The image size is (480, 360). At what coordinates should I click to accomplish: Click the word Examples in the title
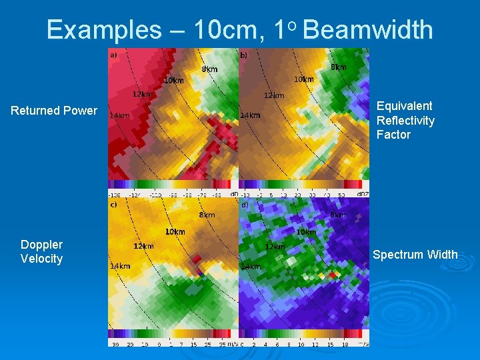[x=103, y=30]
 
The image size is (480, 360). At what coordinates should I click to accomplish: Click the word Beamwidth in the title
[x=367, y=30]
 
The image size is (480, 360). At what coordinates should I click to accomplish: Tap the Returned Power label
[x=54, y=111]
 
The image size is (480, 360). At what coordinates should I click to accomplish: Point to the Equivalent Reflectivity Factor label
[x=405, y=120]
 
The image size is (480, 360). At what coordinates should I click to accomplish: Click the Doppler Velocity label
[x=41, y=252]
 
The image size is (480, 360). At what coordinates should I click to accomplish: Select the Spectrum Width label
[x=415, y=254]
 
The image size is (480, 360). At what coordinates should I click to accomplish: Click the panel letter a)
[x=113, y=55]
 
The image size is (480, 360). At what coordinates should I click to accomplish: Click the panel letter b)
[x=244, y=55]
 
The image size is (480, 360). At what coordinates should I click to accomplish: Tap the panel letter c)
[x=113, y=204]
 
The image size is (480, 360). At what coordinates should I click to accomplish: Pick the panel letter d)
[x=244, y=205]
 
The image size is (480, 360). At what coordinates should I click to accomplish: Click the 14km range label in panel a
[x=119, y=115]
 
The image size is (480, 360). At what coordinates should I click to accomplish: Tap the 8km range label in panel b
[x=338, y=67]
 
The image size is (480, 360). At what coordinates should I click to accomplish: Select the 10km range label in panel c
[x=175, y=232]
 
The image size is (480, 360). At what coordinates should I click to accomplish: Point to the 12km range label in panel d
[x=274, y=247]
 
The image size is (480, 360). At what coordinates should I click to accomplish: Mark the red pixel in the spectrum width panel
[x=332, y=275]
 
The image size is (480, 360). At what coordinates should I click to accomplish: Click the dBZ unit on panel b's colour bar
[x=363, y=194]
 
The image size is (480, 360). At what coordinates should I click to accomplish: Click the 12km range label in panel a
[x=141, y=94]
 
